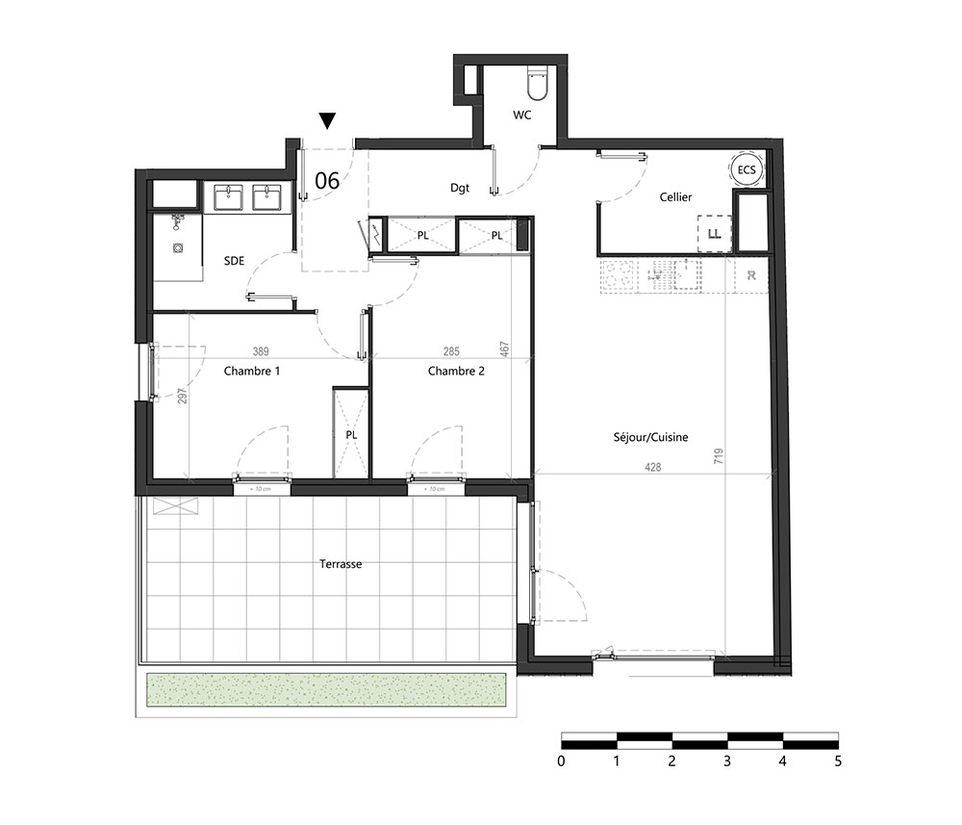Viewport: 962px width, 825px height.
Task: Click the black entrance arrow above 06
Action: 327,120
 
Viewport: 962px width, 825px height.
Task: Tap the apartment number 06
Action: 327,179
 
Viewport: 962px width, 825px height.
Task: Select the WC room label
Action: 522,116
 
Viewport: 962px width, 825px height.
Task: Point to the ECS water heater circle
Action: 747,169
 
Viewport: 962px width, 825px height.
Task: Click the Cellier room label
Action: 675,197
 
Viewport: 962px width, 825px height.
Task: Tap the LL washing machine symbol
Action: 714,233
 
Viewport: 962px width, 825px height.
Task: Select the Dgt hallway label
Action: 460,189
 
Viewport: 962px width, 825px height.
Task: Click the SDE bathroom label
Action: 234,261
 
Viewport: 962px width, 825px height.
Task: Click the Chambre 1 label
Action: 252,371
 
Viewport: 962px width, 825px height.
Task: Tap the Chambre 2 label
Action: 456,371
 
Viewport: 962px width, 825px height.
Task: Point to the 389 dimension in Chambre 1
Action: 261,351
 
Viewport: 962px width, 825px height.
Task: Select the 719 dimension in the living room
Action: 719,458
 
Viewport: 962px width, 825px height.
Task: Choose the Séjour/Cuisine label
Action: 651,437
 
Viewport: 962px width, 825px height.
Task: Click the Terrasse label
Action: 341,564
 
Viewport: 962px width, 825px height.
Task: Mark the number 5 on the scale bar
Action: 838,761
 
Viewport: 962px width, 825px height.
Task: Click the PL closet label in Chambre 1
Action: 351,434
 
